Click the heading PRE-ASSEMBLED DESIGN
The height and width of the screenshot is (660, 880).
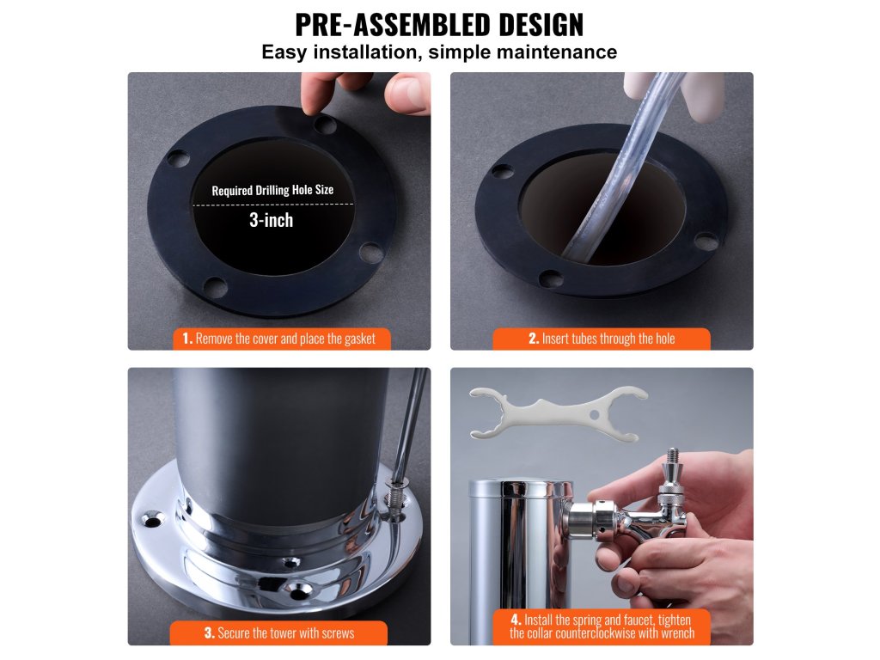(x=439, y=24)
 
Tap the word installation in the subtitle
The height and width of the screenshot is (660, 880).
(x=364, y=52)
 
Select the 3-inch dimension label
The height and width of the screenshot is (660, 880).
(x=271, y=220)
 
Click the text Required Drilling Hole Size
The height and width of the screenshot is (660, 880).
(x=272, y=190)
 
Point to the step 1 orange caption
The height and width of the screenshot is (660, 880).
(x=281, y=339)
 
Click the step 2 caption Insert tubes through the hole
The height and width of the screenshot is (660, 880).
(x=602, y=339)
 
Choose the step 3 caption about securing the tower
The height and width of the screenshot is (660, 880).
(x=279, y=633)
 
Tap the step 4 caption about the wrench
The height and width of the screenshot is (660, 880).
(x=602, y=626)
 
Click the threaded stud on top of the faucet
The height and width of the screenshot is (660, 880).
(x=672, y=455)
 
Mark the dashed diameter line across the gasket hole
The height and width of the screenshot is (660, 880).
(x=273, y=205)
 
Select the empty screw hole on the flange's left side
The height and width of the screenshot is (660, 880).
(x=151, y=520)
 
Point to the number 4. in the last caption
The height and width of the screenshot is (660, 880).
(x=516, y=620)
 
